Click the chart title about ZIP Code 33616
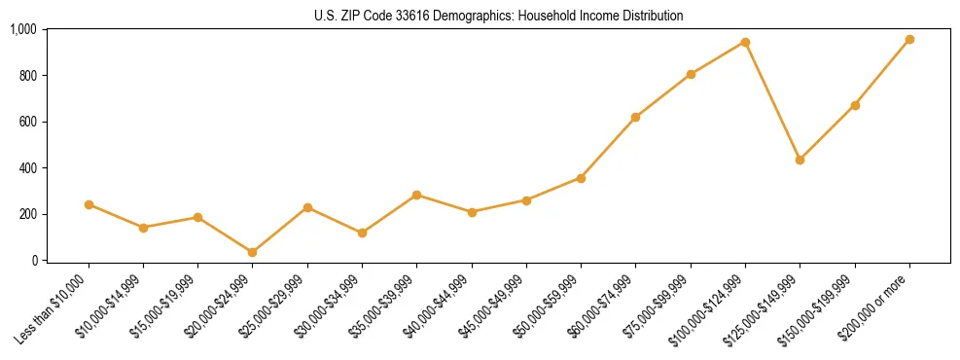coord(498,16)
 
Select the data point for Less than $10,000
coord(89,204)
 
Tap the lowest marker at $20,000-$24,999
coord(253,252)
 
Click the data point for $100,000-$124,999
coord(745,42)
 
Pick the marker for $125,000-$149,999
coord(800,160)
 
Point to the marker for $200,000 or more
coord(909,39)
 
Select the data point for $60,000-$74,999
coord(635,117)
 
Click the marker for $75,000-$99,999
coord(691,74)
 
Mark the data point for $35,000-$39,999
coord(416,195)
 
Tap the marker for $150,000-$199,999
coord(855,105)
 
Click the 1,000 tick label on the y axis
coord(23,29)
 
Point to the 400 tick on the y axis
coord(27,168)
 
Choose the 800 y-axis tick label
coord(27,76)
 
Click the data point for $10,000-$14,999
coord(143,228)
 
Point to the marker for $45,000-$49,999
coord(526,200)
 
